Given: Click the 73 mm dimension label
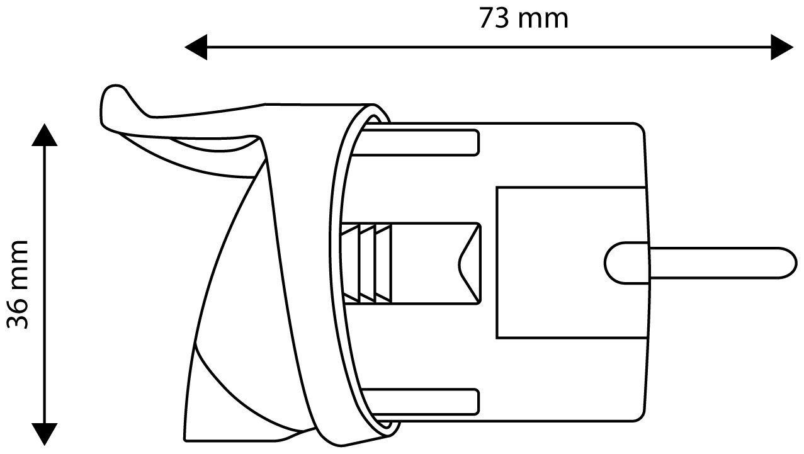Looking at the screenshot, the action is [x=523, y=18].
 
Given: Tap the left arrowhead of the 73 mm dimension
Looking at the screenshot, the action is [x=196, y=47].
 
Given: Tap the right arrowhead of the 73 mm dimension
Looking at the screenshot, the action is [x=782, y=47].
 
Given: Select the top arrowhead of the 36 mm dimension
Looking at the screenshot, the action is [x=45, y=135].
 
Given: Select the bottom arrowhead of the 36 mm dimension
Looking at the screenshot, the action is [x=45, y=434].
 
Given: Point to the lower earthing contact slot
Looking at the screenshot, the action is [x=421, y=402].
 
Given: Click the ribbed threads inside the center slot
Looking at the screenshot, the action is [x=366, y=263].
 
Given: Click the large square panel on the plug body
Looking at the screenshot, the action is [x=572, y=263].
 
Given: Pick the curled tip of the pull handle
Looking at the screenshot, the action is [x=114, y=99].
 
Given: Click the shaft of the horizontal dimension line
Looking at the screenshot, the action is [x=489, y=47].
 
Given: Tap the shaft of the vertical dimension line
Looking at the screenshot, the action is [x=45, y=285].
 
